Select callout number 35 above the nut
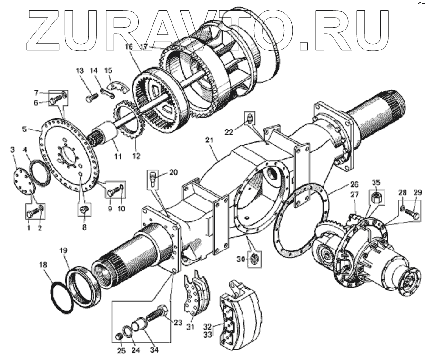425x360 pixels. pos(376,182)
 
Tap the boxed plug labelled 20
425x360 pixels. pos(152,180)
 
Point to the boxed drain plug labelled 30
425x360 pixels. pos(255,258)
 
